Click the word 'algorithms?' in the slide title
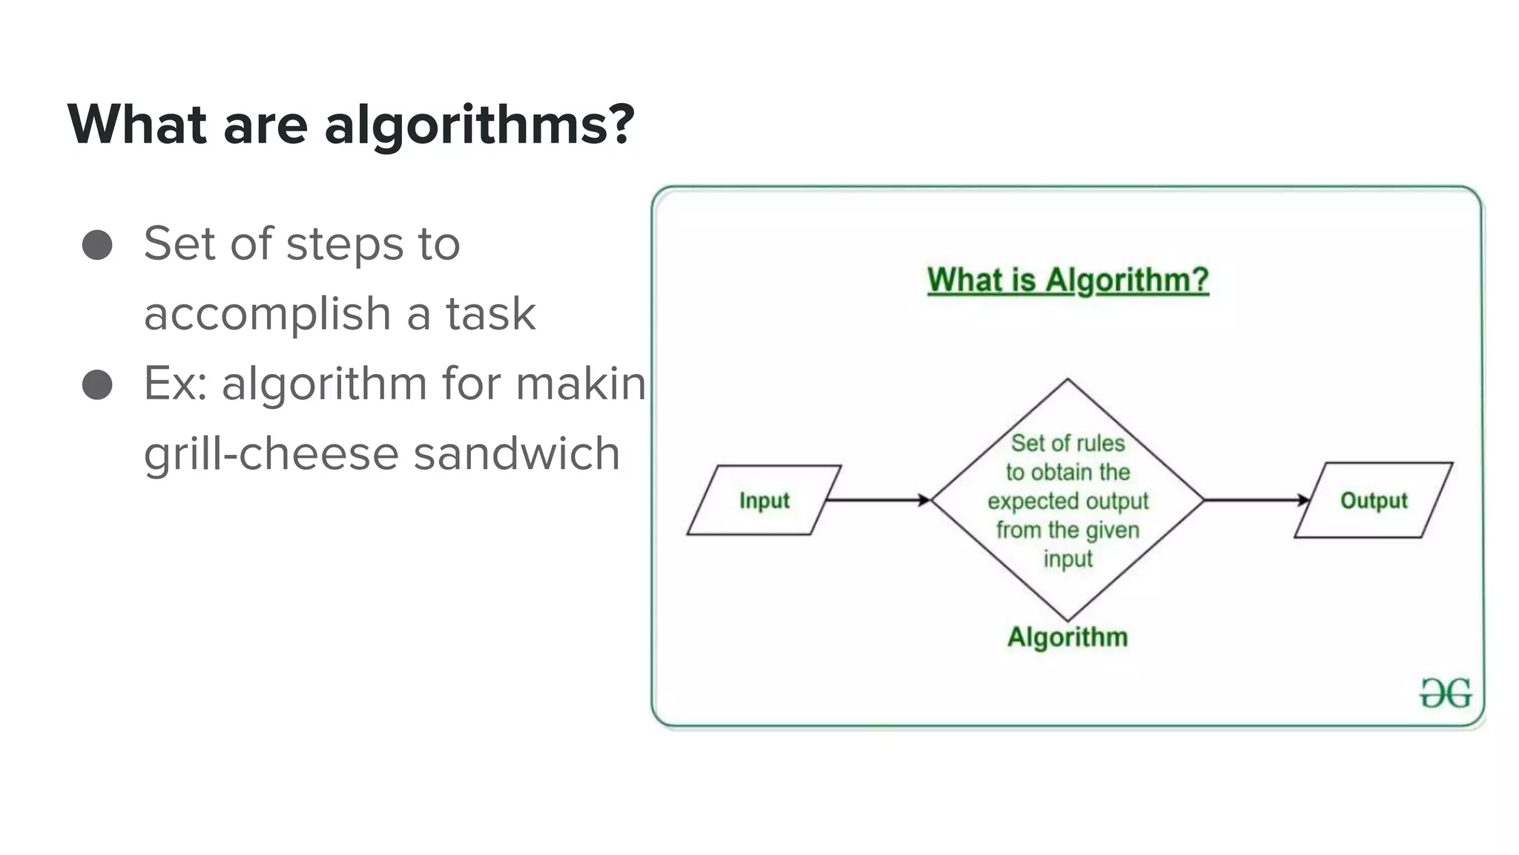479,125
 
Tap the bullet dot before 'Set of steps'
97,245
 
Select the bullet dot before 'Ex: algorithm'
97,385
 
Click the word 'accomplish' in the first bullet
267,314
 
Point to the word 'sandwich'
516,453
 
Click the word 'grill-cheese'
271,453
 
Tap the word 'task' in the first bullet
490,314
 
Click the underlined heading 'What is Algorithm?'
1067,281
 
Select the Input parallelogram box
764,500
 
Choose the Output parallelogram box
1373,500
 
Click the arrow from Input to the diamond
878,500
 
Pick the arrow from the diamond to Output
1256,500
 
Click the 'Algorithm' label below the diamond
1067,637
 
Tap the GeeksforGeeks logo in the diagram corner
1446,693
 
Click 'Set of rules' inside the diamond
1067,443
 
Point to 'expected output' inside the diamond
1067,501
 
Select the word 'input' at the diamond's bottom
1067,558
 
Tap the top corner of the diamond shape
1067,380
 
